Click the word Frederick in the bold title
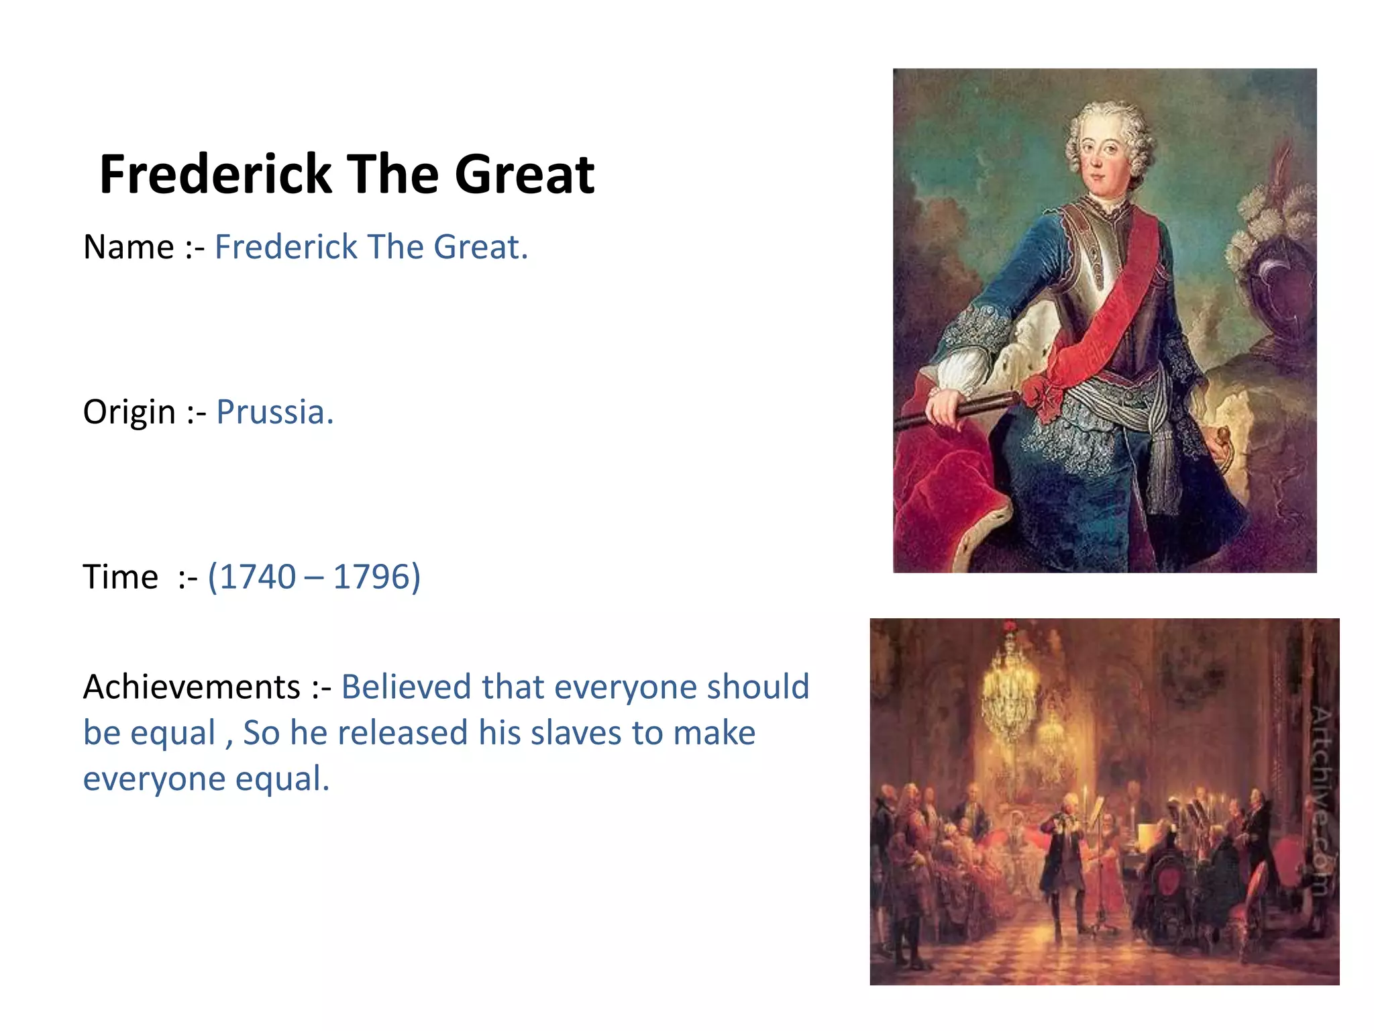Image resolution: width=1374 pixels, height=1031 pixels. [x=215, y=175]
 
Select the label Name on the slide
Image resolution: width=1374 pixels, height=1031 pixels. [x=128, y=247]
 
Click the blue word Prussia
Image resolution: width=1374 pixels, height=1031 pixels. [x=274, y=412]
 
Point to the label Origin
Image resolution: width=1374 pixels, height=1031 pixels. [x=129, y=412]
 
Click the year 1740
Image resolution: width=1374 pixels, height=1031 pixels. [x=257, y=577]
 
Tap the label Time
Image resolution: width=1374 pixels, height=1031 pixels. [x=121, y=577]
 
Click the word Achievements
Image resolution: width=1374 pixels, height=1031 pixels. [x=191, y=687]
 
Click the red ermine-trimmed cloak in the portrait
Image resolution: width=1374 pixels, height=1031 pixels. [x=943, y=490]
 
